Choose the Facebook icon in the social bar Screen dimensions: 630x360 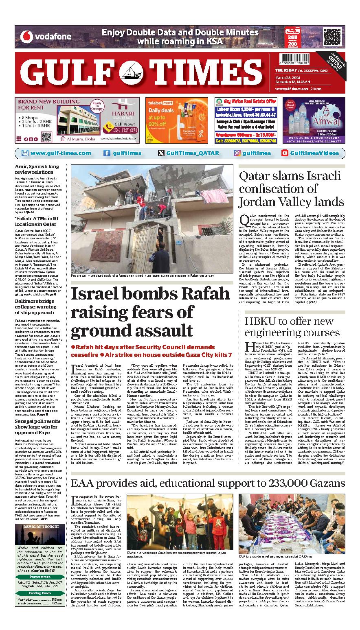[x=107, y=153]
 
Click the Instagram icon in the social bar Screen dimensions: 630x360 [x=237, y=153]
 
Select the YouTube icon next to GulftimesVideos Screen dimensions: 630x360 [x=285, y=153]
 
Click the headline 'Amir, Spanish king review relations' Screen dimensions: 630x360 [x=37, y=169]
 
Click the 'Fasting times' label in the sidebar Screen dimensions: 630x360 [x=40, y=593]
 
